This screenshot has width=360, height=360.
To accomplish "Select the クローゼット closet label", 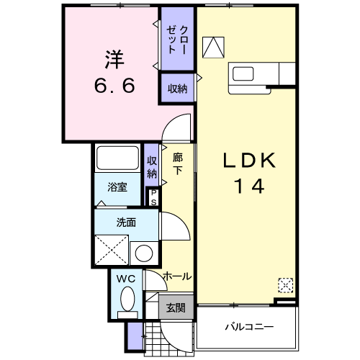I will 178,39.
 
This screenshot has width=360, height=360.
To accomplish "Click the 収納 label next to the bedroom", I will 177,89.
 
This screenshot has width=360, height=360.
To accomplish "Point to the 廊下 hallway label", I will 177,162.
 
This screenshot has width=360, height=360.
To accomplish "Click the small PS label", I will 153,197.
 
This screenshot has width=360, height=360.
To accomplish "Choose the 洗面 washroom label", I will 125,222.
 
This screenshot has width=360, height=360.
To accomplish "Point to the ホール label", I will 176,276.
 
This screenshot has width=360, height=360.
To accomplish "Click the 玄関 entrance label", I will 176,307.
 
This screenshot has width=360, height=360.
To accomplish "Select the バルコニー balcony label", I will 248,326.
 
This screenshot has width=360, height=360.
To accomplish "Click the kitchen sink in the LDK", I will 243,73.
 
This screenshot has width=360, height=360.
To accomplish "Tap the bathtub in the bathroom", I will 117,158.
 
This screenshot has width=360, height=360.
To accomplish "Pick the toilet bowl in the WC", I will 127,298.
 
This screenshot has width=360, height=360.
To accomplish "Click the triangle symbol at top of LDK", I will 214,47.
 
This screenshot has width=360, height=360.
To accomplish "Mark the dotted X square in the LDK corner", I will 286,285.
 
